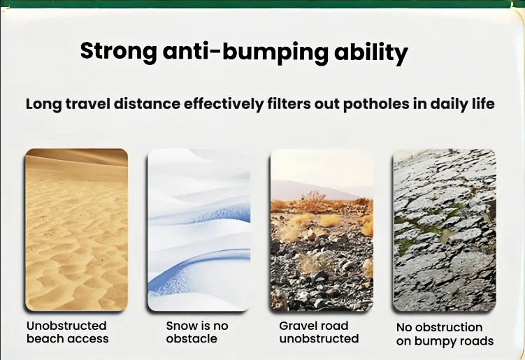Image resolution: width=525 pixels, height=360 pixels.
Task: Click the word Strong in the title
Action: pyautogui.click(x=119, y=52)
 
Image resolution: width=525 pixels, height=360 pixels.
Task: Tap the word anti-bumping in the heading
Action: pyautogui.click(x=245, y=52)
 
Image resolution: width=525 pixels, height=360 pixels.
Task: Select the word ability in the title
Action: pyautogui.click(x=371, y=52)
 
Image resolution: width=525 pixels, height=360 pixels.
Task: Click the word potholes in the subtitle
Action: pyautogui.click(x=376, y=104)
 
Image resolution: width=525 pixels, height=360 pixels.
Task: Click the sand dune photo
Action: pyautogui.click(x=76, y=230)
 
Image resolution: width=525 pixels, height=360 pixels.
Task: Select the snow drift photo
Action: pyautogui.click(x=199, y=230)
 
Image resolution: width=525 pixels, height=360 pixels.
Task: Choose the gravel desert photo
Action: pyautogui.click(x=322, y=230)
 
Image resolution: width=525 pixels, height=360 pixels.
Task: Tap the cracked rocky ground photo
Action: pyautogui.click(x=445, y=230)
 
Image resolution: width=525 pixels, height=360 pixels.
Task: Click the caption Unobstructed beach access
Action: pyautogui.click(x=68, y=332)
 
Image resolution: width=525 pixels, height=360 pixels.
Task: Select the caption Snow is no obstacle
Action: pyautogui.click(x=197, y=332)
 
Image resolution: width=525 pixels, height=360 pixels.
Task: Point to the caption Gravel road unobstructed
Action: pyautogui.click(x=319, y=332)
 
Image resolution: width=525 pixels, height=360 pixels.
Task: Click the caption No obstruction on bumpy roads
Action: pyautogui.click(x=445, y=334)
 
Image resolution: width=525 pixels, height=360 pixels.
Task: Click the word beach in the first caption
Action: pyautogui.click(x=45, y=338)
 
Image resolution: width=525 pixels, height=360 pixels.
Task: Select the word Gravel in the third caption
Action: pyautogui.click(x=297, y=326)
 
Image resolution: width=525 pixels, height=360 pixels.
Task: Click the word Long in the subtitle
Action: pyautogui.click(x=44, y=104)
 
